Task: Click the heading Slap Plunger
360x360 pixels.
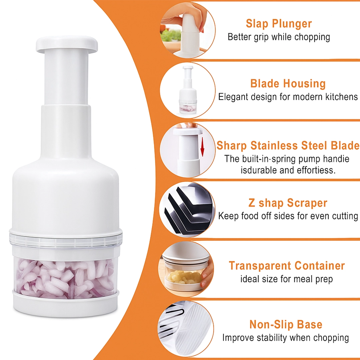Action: [x=279, y=24]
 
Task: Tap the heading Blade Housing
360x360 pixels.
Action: [x=288, y=83]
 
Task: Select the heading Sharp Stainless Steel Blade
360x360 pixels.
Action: [x=288, y=146]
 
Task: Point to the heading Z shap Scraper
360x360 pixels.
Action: [x=288, y=203]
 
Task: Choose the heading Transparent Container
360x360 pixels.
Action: [x=287, y=266]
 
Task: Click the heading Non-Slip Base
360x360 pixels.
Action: [x=286, y=325]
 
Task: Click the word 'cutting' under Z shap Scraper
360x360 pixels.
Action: [x=345, y=216]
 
